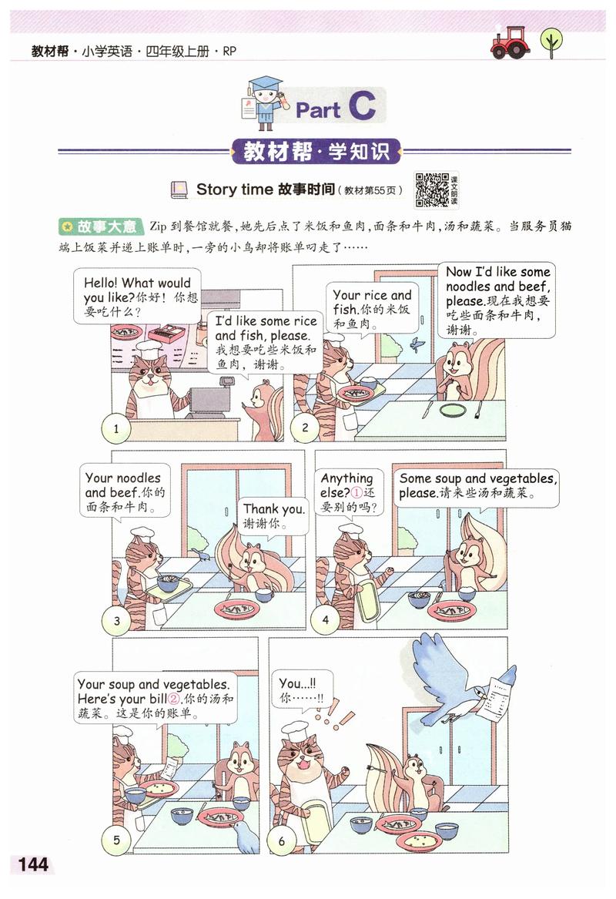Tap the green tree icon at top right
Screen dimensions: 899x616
pyautogui.click(x=551, y=42)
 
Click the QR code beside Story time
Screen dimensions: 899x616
pyautogui.click(x=432, y=189)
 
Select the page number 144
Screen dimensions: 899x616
pyautogui.click(x=28, y=864)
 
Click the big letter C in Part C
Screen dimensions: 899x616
pyautogui.click(x=361, y=108)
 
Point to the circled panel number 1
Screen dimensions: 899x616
pyautogui.click(x=116, y=429)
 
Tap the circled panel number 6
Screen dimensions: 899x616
pyautogui.click(x=282, y=840)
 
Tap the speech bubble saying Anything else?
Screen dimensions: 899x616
pyautogui.click(x=350, y=493)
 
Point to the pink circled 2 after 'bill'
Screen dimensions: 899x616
pyautogui.click(x=173, y=699)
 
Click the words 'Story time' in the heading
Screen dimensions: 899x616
pyautogui.click(x=235, y=189)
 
